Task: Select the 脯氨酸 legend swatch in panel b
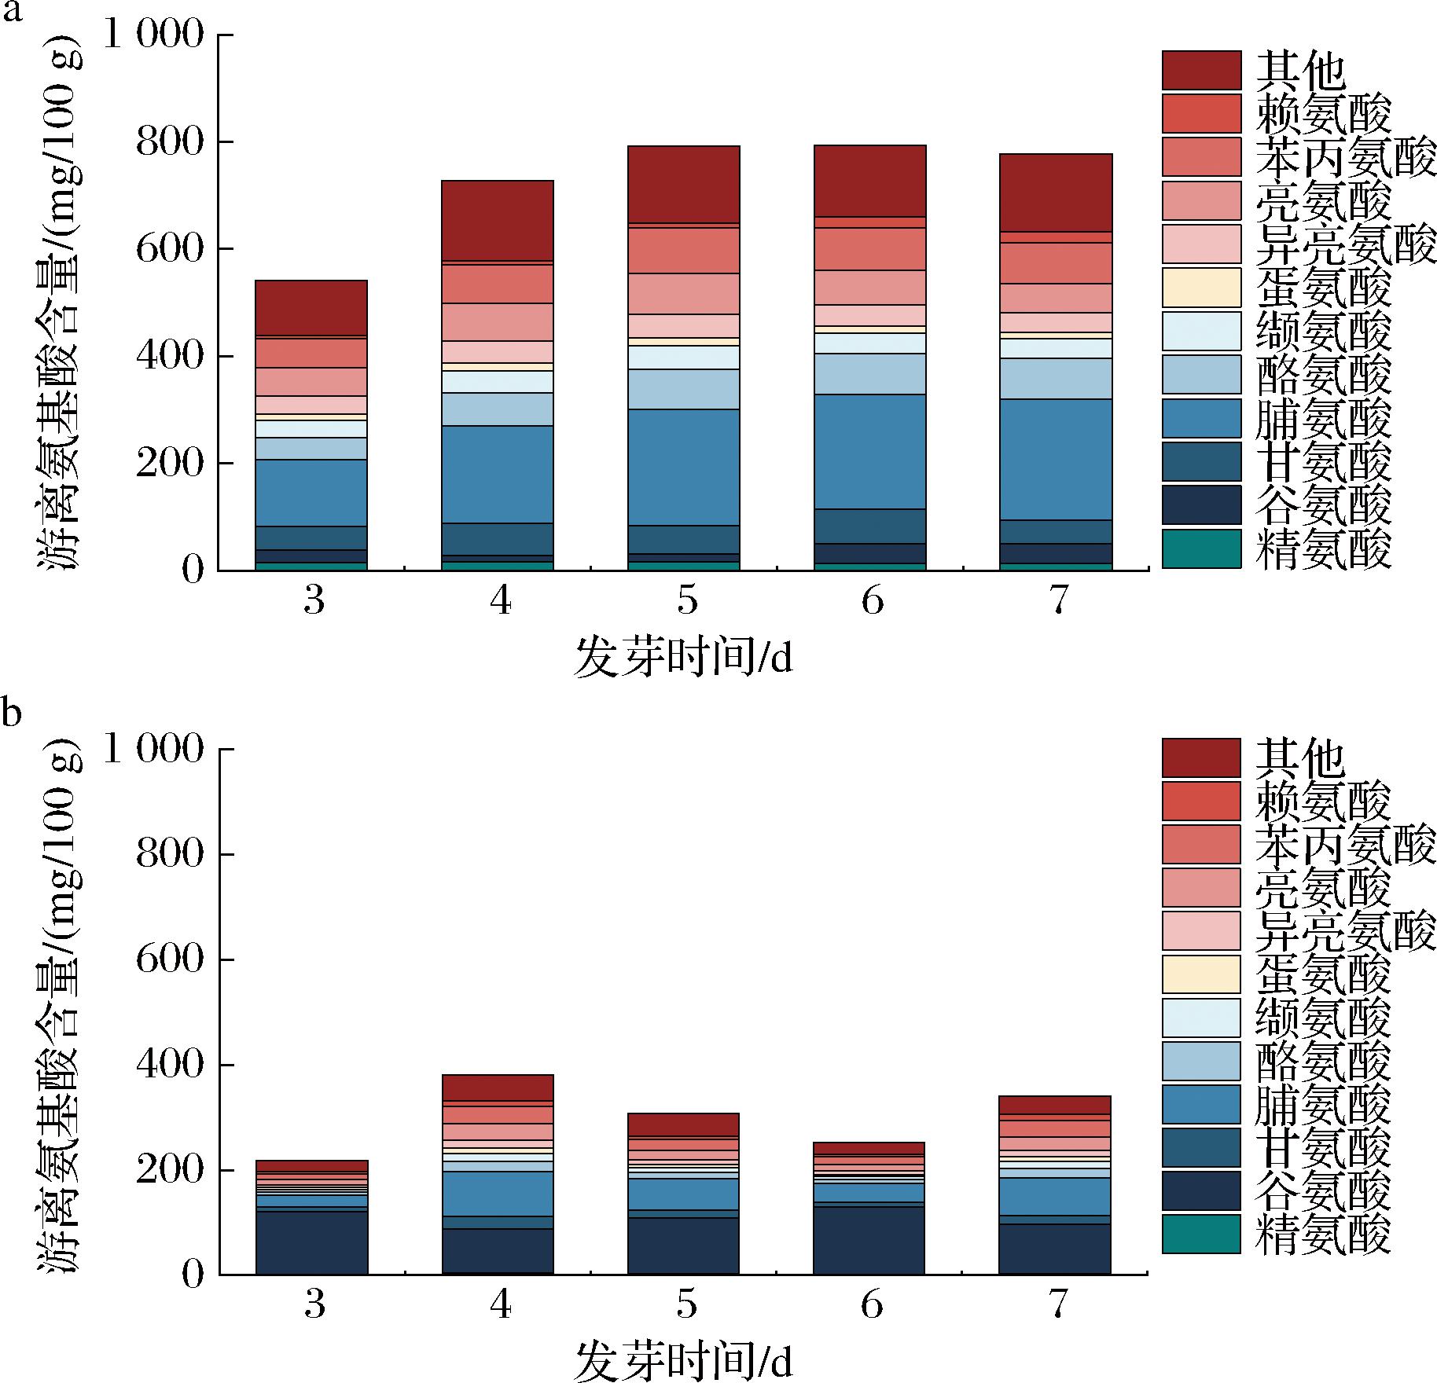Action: [x=1201, y=1104]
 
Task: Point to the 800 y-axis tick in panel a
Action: [x=170, y=142]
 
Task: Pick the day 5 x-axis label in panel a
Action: [x=685, y=601]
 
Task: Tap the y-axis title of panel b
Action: [x=59, y=1010]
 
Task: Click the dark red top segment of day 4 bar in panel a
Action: [x=498, y=220]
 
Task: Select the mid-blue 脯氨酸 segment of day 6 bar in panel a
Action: [x=869, y=451]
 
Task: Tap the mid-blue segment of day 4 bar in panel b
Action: [x=498, y=1193]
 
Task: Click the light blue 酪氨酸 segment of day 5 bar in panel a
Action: [x=683, y=389]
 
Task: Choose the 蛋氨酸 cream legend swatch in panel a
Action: [x=1201, y=288]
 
